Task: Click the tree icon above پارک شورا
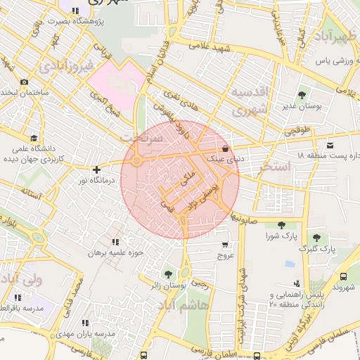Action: coord(281,225)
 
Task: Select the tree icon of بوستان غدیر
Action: coord(302,95)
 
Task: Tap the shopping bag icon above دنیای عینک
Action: coord(224,149)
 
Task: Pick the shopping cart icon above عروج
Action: coord(224,245)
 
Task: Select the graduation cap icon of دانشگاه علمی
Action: coord(33,138)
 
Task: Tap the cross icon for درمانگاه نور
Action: coord(96,169)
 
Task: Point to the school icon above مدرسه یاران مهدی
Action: coord(85,323)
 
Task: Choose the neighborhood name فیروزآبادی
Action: coord(64,67)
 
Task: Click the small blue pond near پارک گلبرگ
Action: coord(290,264)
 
